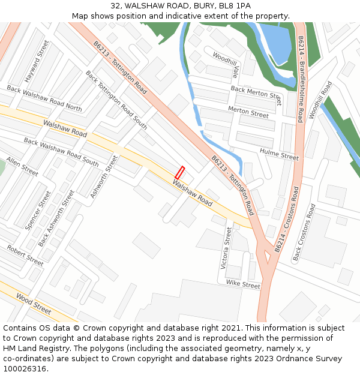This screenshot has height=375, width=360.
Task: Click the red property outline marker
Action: tap(179, 172)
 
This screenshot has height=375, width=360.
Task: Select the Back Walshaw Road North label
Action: tap(44, 98)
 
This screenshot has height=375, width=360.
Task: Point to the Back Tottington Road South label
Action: tap(116, 100)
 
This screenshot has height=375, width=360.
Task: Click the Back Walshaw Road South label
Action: tap(61, 152)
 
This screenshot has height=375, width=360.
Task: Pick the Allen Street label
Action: tap(22, 167)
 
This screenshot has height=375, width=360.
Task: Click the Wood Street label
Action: tap(34, 304)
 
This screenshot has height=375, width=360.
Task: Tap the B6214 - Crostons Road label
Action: tap(286, 219)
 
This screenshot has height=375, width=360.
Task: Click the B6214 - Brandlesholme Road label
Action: tap(301, 79)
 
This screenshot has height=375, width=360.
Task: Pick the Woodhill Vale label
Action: tap(226, 64)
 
